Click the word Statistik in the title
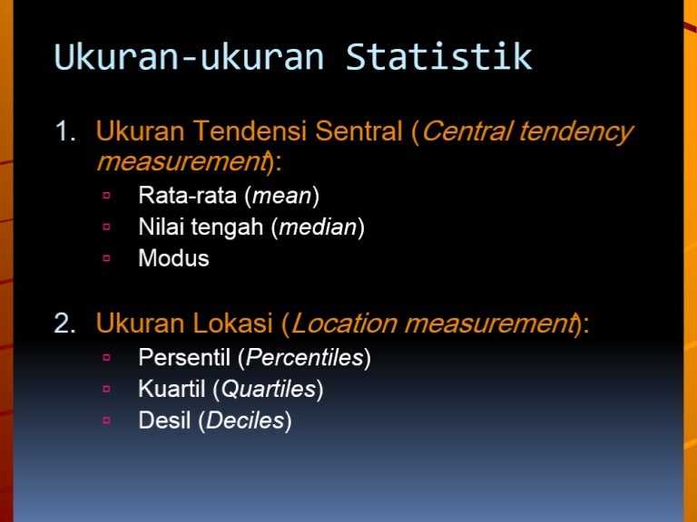click(438, 56)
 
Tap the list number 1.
click(65, 131)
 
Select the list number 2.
click(65, 323)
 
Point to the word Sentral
click(358, 131)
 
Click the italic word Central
click(466, 131)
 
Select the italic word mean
click(282, 196)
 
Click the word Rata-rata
click(187, 195)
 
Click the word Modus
click(173, 258)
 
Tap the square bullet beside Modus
click(106, 257)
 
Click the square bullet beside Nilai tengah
click(106, 227)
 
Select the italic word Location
click(344, 323)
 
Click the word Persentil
click(184, 357)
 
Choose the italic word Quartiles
click(269, 390)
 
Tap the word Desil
click(164, 420)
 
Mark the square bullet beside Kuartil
click(106, 389)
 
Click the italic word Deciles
click(245, 420)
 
